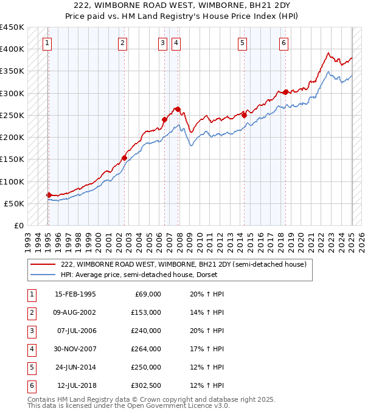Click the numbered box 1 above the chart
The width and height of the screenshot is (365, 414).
(x=47, y=43)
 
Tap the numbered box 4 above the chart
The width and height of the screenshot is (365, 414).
(x=175, y=43)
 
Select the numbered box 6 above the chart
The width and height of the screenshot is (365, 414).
(x=284, y=43)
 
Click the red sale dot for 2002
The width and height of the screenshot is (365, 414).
(x=124, y=158)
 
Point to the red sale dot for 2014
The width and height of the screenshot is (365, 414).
(x=244, y=114)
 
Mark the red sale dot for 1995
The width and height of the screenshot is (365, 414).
(x=49, y=195)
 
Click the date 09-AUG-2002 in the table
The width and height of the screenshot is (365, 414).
(x=75, y=312)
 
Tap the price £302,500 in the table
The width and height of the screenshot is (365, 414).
(x=146, y=385)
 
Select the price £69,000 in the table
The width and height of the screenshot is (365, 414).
(x=148, y=294)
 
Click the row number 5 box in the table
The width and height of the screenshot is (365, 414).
(x=30, y=367)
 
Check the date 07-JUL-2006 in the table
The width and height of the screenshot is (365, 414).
(x=76, y=331)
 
